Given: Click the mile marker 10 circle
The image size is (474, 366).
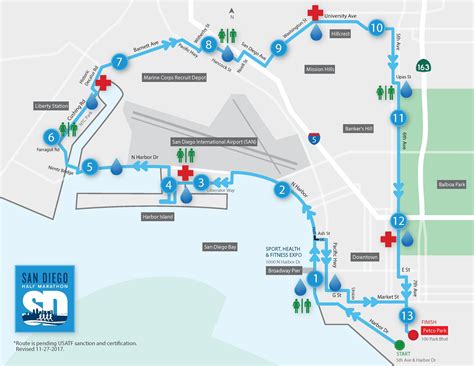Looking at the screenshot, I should [x=377, y=29].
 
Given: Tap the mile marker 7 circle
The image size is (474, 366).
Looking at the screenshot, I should [x=120, y=62].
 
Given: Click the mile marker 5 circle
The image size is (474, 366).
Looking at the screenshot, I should [x=91, y=167].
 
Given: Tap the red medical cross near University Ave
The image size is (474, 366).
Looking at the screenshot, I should [x=315, y=13].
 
